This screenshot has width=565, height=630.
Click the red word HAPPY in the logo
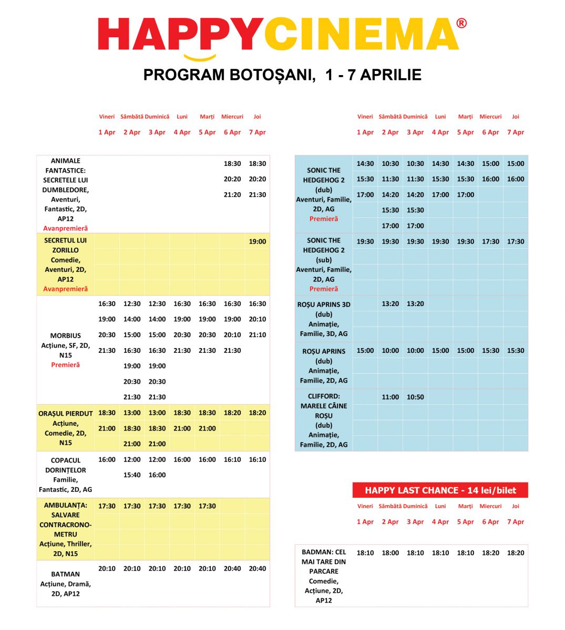point(180,35)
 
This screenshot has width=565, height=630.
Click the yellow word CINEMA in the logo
point(361,35)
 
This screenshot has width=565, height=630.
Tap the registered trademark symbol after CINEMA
point(461,23)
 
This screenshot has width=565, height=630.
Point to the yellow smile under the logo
point(200,57)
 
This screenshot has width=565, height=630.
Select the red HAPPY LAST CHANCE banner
point(440,490)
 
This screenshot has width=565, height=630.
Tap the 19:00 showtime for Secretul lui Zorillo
point(257,242)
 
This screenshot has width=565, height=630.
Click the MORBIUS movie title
point(66,336)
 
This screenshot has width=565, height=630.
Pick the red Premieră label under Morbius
point(66,365)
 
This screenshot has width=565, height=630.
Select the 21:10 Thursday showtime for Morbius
point(257,335)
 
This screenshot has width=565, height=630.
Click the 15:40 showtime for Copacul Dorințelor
point(132,475)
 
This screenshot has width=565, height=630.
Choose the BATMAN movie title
point(66,574)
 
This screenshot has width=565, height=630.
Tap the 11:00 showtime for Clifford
point(390,397)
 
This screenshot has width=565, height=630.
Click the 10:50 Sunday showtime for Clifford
point(415,397)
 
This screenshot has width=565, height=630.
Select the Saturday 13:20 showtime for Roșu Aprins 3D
point(390,304)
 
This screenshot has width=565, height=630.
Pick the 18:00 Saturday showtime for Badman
point(390,553)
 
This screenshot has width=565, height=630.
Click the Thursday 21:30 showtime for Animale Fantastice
point(257,195)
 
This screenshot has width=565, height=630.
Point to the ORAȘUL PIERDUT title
point(66,414)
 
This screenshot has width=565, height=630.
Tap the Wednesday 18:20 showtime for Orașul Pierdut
point(232,413)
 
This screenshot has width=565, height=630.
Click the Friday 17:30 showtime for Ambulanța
point(107,507)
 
